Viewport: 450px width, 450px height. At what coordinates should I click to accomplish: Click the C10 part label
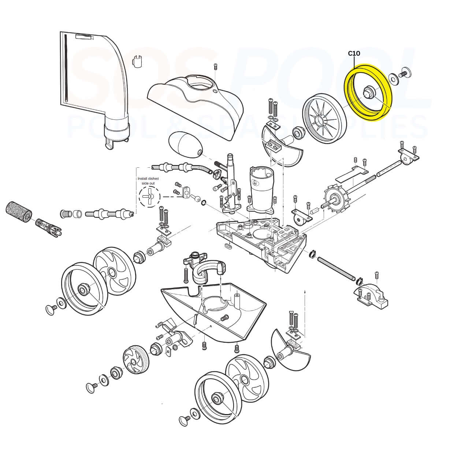point(354,53)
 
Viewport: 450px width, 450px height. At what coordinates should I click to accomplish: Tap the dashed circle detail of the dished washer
point(149,197)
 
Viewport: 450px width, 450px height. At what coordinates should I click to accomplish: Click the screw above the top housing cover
point(216,67)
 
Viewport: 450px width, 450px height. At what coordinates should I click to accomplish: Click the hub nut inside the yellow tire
point(368,90)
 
